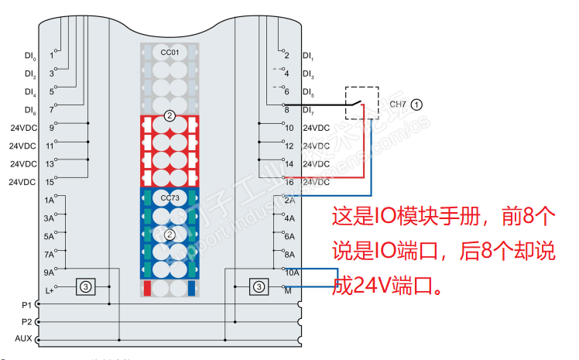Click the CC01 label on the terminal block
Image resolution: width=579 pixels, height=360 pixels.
coord(170,52)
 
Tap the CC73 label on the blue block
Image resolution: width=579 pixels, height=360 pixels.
coord(170,198)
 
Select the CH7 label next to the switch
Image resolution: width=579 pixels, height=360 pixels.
coord(398,103)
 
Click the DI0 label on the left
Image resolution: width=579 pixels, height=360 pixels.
coord(30,56)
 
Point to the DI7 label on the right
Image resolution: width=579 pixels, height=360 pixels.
coord(308,110)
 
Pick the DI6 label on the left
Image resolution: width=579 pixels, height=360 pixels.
coord(30,110)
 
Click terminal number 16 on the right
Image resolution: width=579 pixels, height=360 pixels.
coord(289,182)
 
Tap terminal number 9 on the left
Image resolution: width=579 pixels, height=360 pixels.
coord(52,128)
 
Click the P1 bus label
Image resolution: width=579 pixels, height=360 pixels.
coord(27,304)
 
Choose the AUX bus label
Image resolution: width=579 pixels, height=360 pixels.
coord(24,339)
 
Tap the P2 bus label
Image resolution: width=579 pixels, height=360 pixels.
coord(27,321)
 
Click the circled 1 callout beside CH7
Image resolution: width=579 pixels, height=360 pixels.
coord(416,103)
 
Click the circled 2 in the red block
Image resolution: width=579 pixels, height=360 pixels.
coord(170,116)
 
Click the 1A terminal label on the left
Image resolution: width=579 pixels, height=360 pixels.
coord(50,200)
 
